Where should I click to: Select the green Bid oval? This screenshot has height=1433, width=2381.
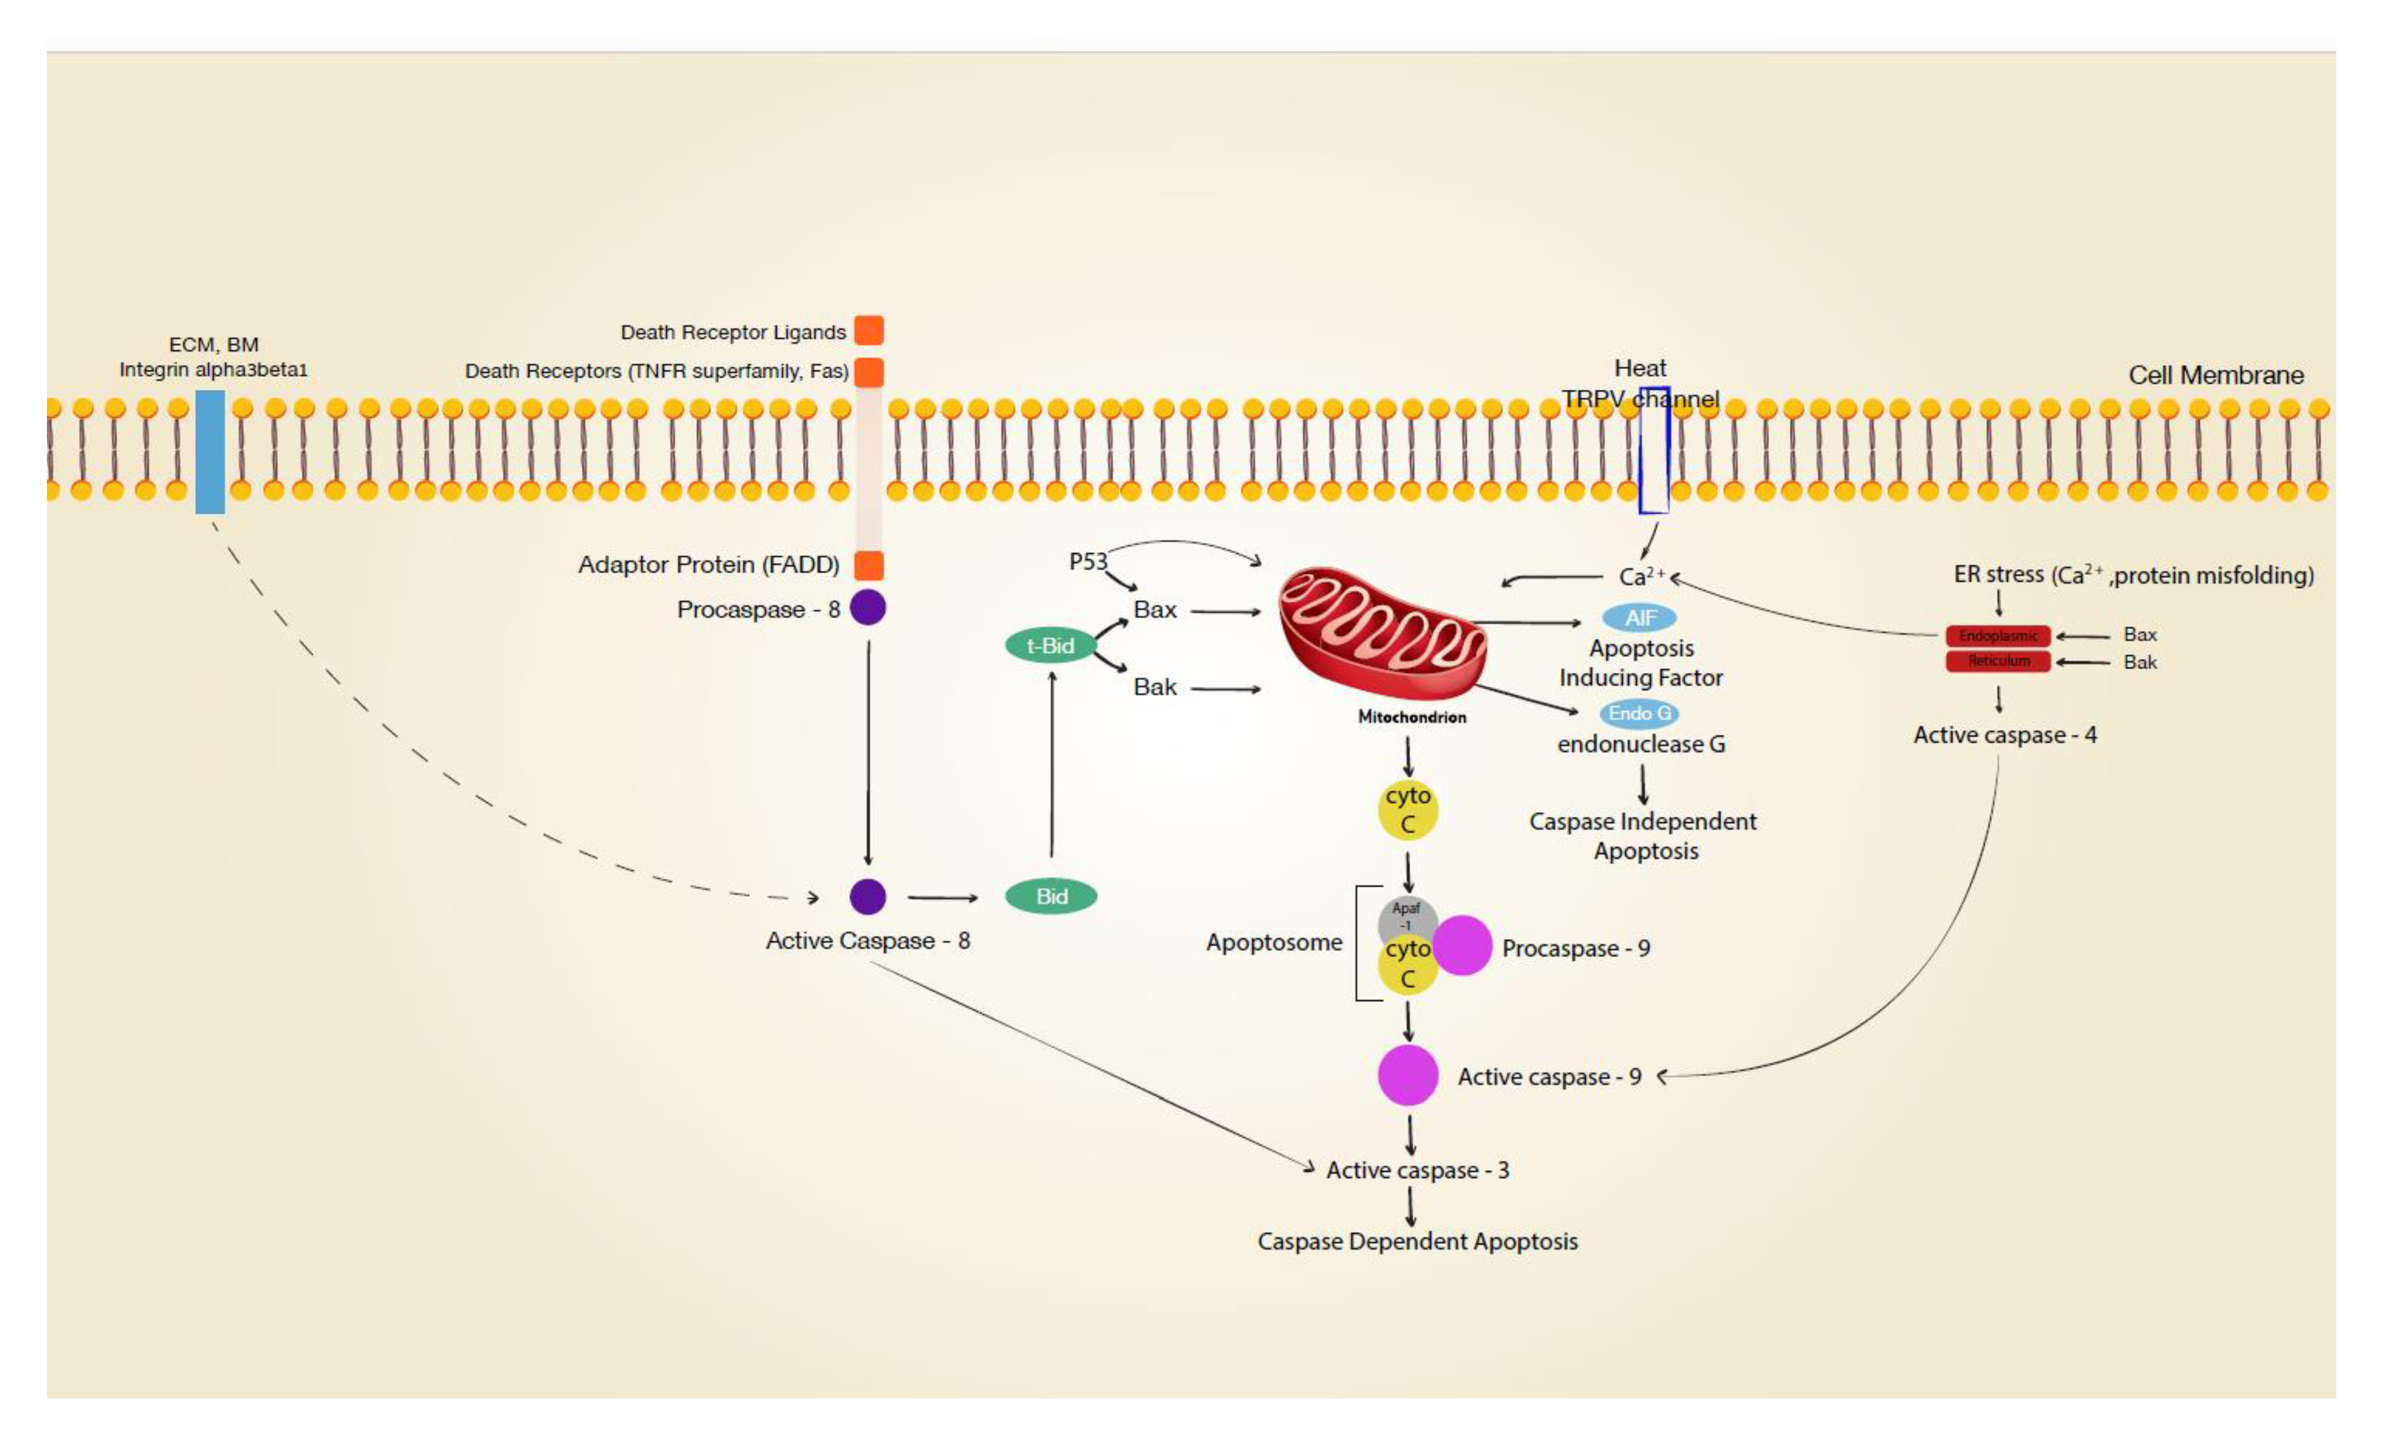[x=1051, y=896]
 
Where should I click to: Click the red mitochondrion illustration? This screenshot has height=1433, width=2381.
[x=1381, y=632]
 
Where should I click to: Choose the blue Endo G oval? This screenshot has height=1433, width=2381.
[x=1639, y=713]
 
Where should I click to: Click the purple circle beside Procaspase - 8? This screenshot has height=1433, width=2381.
[x=867, y=607]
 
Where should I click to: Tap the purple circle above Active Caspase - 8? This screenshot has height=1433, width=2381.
[x=867, y=896]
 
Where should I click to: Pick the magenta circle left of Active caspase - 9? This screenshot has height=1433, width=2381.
[x=1407, y=1075]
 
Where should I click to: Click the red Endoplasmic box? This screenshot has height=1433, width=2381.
[x=1997, y=635]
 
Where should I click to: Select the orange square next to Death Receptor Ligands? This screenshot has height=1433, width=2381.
[x=868, y=330]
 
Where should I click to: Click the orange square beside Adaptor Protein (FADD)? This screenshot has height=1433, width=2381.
[x=868, y=565]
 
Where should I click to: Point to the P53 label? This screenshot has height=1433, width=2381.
[x=1087, y=561]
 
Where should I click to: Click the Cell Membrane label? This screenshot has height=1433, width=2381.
[x=2215, y=375]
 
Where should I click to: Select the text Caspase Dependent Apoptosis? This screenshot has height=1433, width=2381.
[x=1416, y=1241]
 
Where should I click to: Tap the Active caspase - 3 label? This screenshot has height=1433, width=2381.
[x=1416, y=1170]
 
